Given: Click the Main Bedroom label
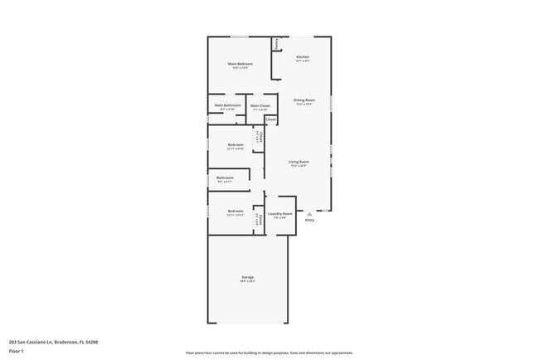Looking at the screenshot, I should [x=240, y=64].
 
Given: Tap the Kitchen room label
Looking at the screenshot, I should [x=303, y=56].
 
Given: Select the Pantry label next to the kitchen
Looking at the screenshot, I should [x=276, y=42].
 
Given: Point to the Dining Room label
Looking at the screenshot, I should [x=304, y=100].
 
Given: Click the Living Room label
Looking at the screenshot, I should [x=299, y=161].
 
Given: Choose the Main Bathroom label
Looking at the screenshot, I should [x=228, y=105].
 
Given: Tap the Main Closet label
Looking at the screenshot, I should [x=260, y=105].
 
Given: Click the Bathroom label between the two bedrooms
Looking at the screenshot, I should [x=226, y=178].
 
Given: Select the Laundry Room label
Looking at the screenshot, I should [x=280, y=213].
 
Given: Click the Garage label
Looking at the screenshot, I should [x=248, y=276].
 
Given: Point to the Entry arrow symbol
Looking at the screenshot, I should [x=309, y=214].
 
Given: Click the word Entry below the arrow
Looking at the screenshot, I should [x=309, y=220].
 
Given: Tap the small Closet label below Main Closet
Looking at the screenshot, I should [x=271, y=119].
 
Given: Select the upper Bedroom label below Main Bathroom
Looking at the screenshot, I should [x=236, y=145].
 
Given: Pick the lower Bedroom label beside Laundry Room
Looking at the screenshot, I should [x=236, y=211].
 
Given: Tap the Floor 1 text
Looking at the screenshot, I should [x=17, y=351].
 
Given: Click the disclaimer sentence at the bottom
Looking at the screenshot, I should [x=269, y=353].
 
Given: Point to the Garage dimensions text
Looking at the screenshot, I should [x=248, y=281].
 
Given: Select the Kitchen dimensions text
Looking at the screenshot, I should [x=303, y=61].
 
